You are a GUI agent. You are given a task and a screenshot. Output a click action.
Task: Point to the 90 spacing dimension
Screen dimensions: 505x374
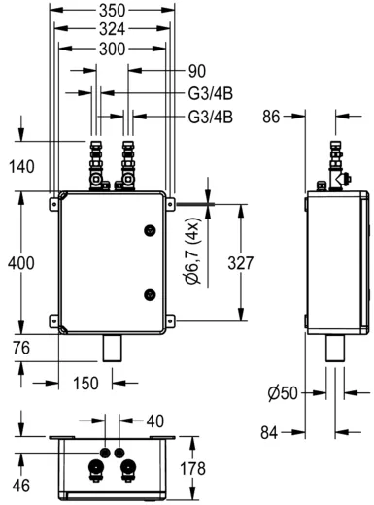[196, 70]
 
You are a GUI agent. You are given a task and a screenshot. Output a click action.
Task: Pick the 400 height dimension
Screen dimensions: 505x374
[20, 262]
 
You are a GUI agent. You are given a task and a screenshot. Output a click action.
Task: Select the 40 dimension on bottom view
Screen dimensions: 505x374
[154, 422]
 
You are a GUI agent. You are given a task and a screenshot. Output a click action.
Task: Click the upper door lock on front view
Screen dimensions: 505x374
[149, 229]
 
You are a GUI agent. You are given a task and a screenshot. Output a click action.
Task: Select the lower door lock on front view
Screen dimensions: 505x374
[149, 295]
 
